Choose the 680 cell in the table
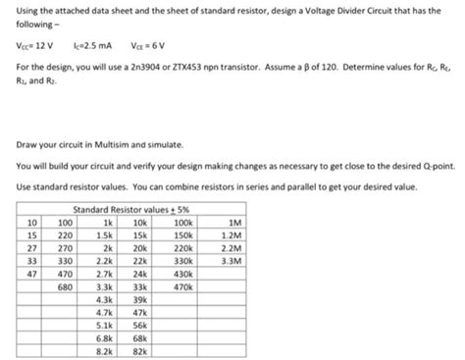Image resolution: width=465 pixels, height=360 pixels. pyautogui.click(x=67, y=287)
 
